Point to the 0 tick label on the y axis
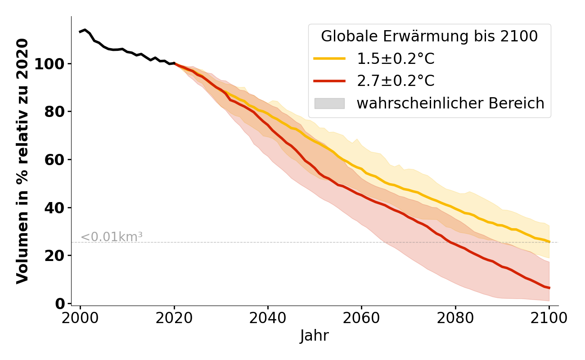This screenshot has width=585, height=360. (x=60, y=304)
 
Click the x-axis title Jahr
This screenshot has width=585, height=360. (x=315, y=336)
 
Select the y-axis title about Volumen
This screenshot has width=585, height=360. (x=22, y=161)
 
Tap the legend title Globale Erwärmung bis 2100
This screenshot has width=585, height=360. (x=429, y=36)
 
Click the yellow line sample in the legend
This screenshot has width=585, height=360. (x=329, y=58)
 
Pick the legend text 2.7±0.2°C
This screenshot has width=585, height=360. (x=396, y=81)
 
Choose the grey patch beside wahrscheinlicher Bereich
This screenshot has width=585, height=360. (x=329, y=103)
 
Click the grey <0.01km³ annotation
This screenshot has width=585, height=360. (x=112, y=237)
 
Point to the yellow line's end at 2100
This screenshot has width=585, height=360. (x=549, y=242)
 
